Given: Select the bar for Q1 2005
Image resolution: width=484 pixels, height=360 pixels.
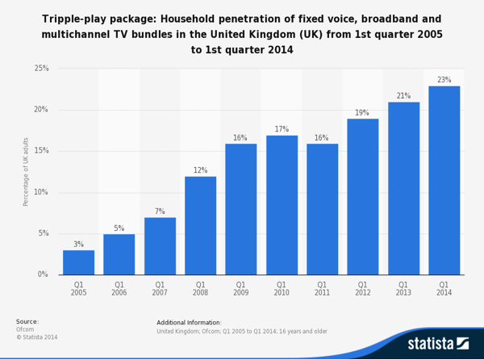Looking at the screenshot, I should [x=78, y=262].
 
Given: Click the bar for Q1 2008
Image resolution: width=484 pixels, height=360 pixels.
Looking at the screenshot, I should [x=200, y=225].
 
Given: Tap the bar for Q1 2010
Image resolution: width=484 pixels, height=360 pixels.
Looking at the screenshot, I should [x=282, y=205].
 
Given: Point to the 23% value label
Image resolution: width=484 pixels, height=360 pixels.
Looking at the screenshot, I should [x=444, y=80].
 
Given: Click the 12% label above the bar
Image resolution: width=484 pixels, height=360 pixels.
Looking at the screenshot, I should [x=200, y=170].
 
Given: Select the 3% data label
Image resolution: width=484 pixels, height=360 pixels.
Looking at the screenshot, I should [x=78, y=245].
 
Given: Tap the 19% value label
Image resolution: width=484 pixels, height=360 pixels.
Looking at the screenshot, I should [x=362, y=113].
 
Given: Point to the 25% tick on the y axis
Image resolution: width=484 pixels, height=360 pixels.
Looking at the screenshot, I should [x=41, y=69].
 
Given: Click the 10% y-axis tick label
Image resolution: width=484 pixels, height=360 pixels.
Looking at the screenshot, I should [x=41, y=192].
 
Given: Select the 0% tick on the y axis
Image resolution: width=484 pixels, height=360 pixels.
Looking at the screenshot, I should [x=43, y=274].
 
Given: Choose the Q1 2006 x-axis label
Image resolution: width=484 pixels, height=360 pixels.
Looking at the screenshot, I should [x=119, y=289].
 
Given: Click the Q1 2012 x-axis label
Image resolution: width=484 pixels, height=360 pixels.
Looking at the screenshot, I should [x=362, y=289].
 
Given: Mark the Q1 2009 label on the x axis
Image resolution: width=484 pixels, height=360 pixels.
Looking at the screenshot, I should [x=240, y=289].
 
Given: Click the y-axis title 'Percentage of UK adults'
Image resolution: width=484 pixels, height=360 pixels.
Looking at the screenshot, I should [x=26, y=171].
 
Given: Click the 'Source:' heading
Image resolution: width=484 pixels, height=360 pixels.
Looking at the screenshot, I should [x=27, y=321].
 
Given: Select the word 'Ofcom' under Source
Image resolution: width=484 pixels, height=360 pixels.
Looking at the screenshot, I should [x=26, y=329].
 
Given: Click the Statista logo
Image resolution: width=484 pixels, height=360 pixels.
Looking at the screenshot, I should [x=440, y=344].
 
